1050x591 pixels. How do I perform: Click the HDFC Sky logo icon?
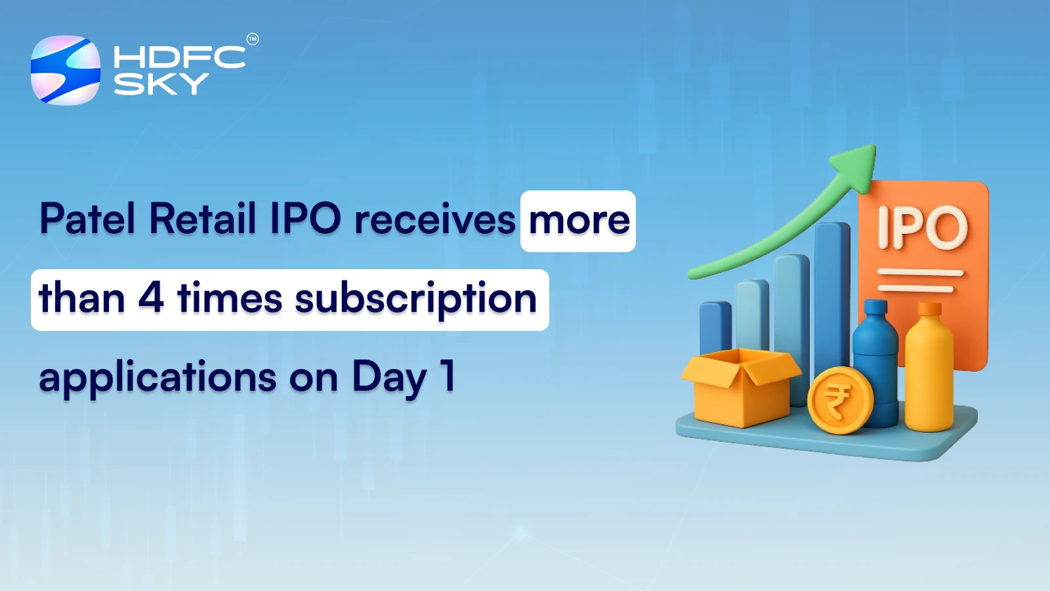[x=66, y=70]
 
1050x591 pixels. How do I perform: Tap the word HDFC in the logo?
[x=179, y=57]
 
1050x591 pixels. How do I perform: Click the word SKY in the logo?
[x=161, y=84]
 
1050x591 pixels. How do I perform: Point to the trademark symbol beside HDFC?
[x=253, y=39]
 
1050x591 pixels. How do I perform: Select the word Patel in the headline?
[x=87, y=219]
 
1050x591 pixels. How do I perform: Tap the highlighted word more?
[x=579, y=221]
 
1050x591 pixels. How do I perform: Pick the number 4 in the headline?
[x=150, y=299]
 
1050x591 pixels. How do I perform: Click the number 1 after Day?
[x=448, y=376]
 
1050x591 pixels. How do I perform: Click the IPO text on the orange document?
[x=923, y=228]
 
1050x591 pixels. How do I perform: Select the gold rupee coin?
[x=839, y=400]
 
